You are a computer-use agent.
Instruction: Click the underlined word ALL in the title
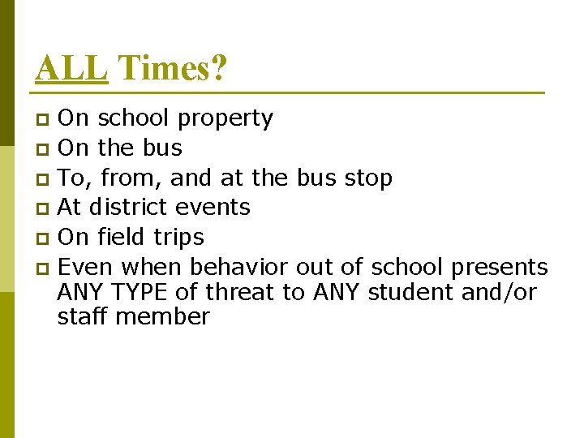(71, 68)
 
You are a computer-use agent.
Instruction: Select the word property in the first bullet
(225, 119)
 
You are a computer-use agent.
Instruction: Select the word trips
(178, 238)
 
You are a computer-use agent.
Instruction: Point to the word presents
(500, 267)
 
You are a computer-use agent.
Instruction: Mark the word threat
(242, 291)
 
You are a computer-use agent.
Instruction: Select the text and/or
(499, 292)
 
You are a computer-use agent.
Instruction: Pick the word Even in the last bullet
(84, 267)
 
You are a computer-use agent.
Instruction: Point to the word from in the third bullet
(126, 178)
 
